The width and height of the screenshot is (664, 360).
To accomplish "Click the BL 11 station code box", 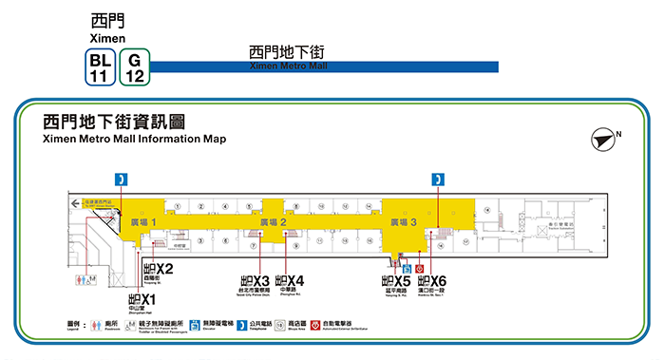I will pos(97,67).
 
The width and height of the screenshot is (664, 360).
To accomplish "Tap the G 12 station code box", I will pos(134,67).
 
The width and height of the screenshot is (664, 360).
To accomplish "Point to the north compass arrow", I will pos(602,139).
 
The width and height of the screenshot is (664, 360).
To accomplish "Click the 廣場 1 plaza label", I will pos(140,221).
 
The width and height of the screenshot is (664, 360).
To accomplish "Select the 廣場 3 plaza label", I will pos(403,221).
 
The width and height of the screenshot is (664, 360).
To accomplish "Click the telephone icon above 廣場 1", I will pos(121,179).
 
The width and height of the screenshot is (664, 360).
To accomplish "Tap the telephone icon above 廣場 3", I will pos(438,179).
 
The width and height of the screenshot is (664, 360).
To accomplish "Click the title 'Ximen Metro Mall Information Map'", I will pos(135,139).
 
